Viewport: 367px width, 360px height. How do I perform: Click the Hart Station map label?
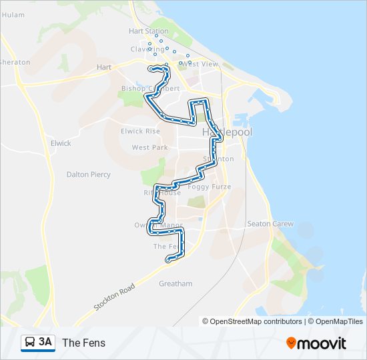click(149, 31)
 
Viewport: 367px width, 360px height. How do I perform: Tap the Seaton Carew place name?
click(270, 224)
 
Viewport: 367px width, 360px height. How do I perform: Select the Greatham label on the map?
click(175, 283)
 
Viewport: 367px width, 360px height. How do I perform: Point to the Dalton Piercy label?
click(89, 175)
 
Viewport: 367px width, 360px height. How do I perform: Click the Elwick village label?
click(61, 143)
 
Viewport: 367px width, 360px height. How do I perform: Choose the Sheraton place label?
click(15, 62)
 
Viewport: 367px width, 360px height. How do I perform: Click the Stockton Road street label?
click(114, 296)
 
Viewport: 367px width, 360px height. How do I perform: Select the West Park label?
click(149, 147)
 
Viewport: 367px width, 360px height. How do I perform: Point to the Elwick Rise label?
click(141, 131)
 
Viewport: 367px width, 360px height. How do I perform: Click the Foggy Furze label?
click(210, 187)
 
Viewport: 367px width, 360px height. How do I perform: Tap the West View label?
click(200, 64)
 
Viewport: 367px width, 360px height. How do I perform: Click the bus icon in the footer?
click(30, 343)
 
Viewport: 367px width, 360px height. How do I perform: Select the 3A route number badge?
click(45, 343)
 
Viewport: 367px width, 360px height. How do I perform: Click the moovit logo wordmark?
click(322, 343)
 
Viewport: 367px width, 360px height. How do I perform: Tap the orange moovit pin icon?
click(291, 343)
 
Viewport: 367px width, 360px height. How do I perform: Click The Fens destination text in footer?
click(83, 343)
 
